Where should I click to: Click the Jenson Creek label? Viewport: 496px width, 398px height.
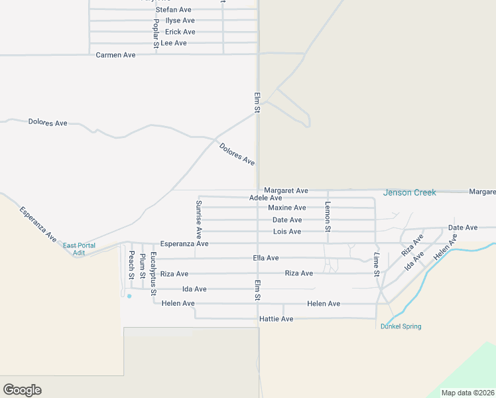pos(409,192)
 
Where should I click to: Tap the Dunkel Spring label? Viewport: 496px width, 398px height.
pos(401,326)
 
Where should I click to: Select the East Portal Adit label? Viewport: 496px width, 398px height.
pos(79,249)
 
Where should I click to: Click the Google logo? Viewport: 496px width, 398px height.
pos(22,390)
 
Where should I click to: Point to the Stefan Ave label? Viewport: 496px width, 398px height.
pos(173,10)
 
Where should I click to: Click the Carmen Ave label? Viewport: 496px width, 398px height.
pos(115,55)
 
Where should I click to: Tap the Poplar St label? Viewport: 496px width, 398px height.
pos(156,34)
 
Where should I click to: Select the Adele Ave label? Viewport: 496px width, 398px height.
pos(265,198)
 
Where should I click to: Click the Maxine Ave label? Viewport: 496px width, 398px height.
pos(286,208)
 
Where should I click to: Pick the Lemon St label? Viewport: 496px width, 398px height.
pos(328,216)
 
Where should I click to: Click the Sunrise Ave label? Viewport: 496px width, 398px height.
pos(198,219)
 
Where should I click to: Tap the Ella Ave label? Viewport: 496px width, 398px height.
pos(266,258)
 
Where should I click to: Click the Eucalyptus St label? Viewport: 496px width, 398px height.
pos(153,273)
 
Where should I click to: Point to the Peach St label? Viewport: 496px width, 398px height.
pos(131,265)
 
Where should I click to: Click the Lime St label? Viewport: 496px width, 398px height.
pos(376,264)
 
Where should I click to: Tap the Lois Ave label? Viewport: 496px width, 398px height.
pos(286,232)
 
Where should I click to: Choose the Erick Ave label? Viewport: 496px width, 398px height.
pos(180,32)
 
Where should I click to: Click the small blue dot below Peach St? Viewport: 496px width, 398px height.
pos(129,296)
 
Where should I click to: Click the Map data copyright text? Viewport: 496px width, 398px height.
pos(467,393)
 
